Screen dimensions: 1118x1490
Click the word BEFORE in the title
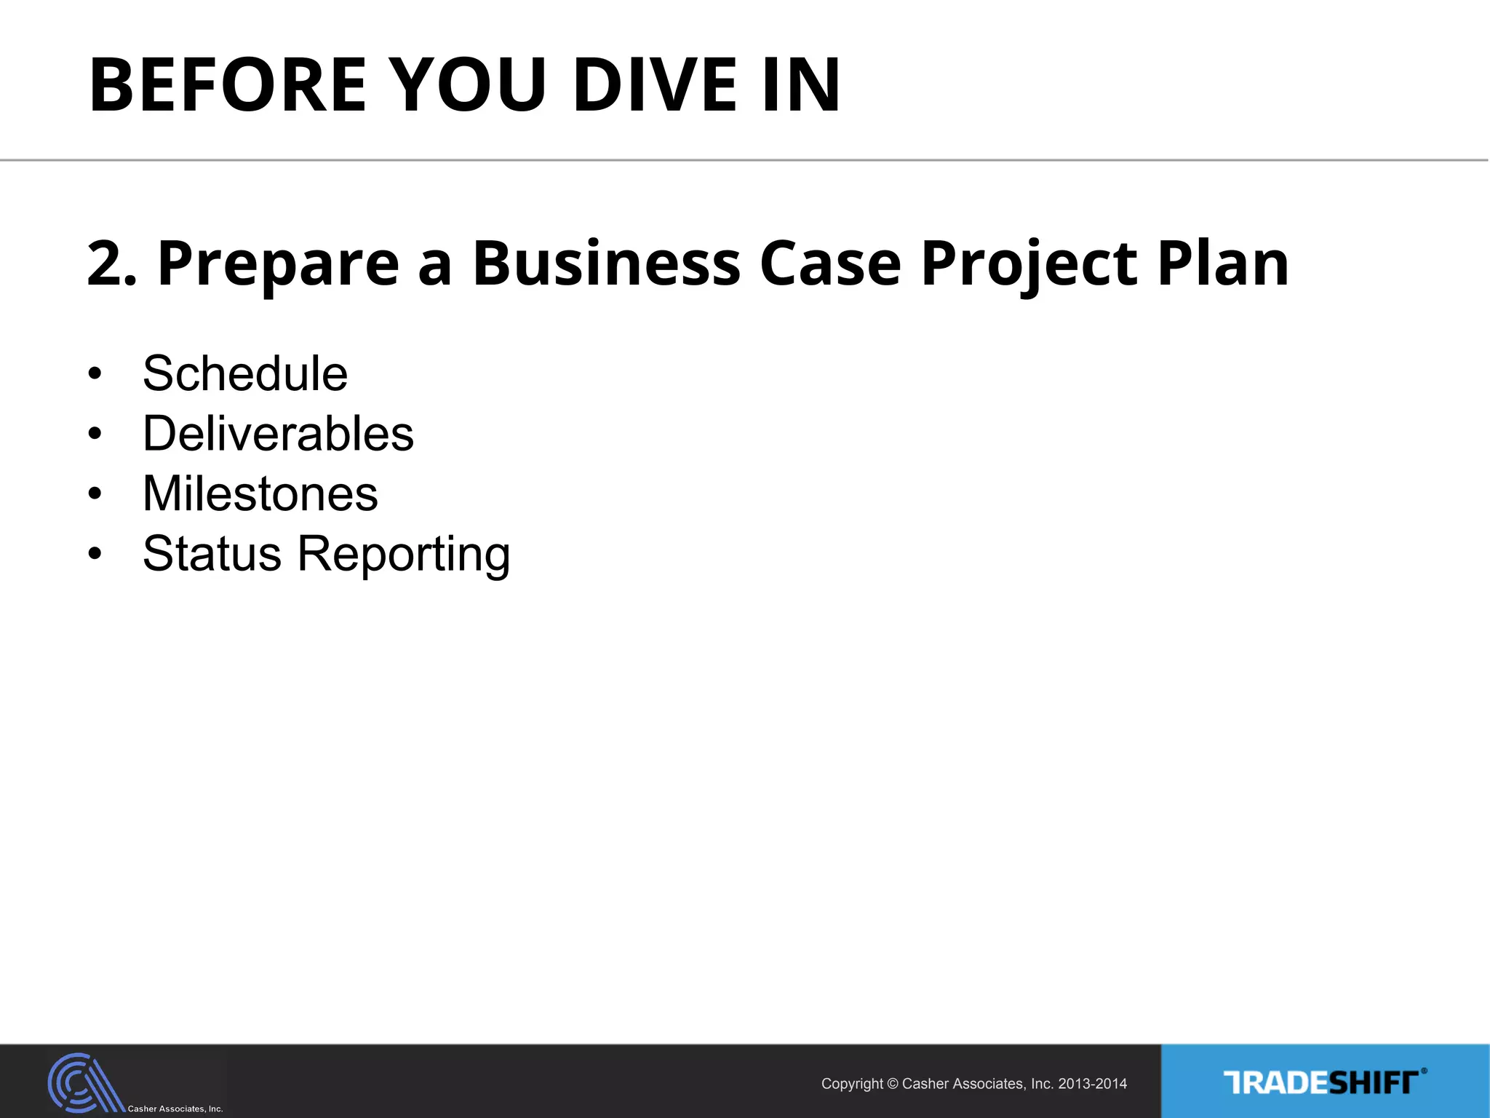227,85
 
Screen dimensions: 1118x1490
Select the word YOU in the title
469,85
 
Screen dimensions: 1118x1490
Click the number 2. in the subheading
111,263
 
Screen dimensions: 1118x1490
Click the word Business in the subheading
606,263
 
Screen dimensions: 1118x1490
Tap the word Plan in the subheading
1223,263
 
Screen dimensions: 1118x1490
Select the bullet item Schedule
245,374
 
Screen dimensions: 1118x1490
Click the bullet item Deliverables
278,434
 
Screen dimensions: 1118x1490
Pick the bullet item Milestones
260,494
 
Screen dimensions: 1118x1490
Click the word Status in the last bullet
212,554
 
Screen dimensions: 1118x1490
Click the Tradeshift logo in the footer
1324,1082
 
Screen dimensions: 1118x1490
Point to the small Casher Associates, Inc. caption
175,1109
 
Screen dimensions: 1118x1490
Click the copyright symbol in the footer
893,1084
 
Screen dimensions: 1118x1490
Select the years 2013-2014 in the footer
1092,1084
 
